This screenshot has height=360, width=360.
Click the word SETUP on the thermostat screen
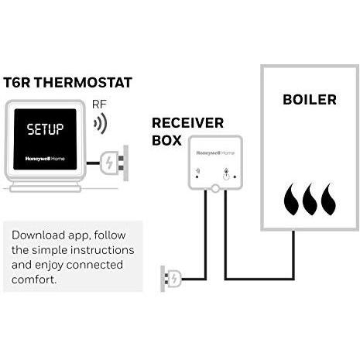click(45, 129)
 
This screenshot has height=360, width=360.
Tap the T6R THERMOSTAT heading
click(67, 83)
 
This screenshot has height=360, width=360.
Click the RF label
click(99, 105)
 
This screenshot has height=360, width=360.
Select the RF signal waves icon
click(100, 123)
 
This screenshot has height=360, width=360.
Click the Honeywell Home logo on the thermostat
click(45, 159)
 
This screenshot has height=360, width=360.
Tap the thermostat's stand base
click(46, 187)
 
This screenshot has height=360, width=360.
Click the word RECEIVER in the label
click(187, 123)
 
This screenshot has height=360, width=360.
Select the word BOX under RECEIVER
click(166, 140)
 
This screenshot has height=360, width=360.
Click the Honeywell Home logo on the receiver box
click(215, 153)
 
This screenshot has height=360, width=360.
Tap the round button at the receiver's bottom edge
click(215, 189)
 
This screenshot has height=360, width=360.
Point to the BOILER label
click(310, 100)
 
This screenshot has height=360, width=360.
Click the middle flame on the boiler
click(310, 199)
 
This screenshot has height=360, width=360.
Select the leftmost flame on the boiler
click(292, 199)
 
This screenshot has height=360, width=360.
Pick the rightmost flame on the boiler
click(329, 199)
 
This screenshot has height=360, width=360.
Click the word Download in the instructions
click(38, 235)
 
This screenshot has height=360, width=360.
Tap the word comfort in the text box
click(34, 279)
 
